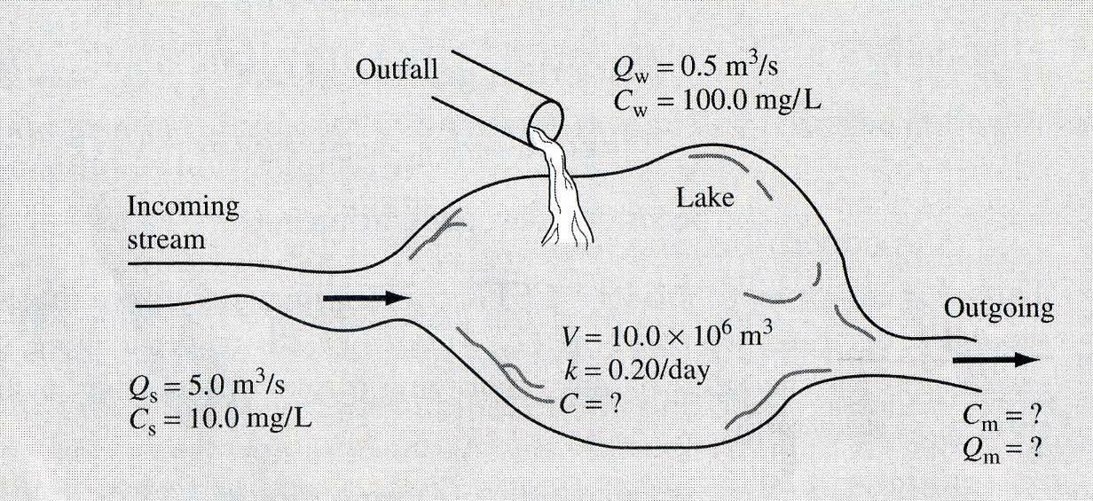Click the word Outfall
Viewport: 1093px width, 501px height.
[397, 70]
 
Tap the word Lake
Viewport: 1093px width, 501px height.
[705, 197]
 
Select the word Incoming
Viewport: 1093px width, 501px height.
[183, 208]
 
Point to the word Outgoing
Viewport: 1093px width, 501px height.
[999, 309]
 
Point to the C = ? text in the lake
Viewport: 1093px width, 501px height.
[588, 404]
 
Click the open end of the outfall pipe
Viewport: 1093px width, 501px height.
[544, 121]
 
